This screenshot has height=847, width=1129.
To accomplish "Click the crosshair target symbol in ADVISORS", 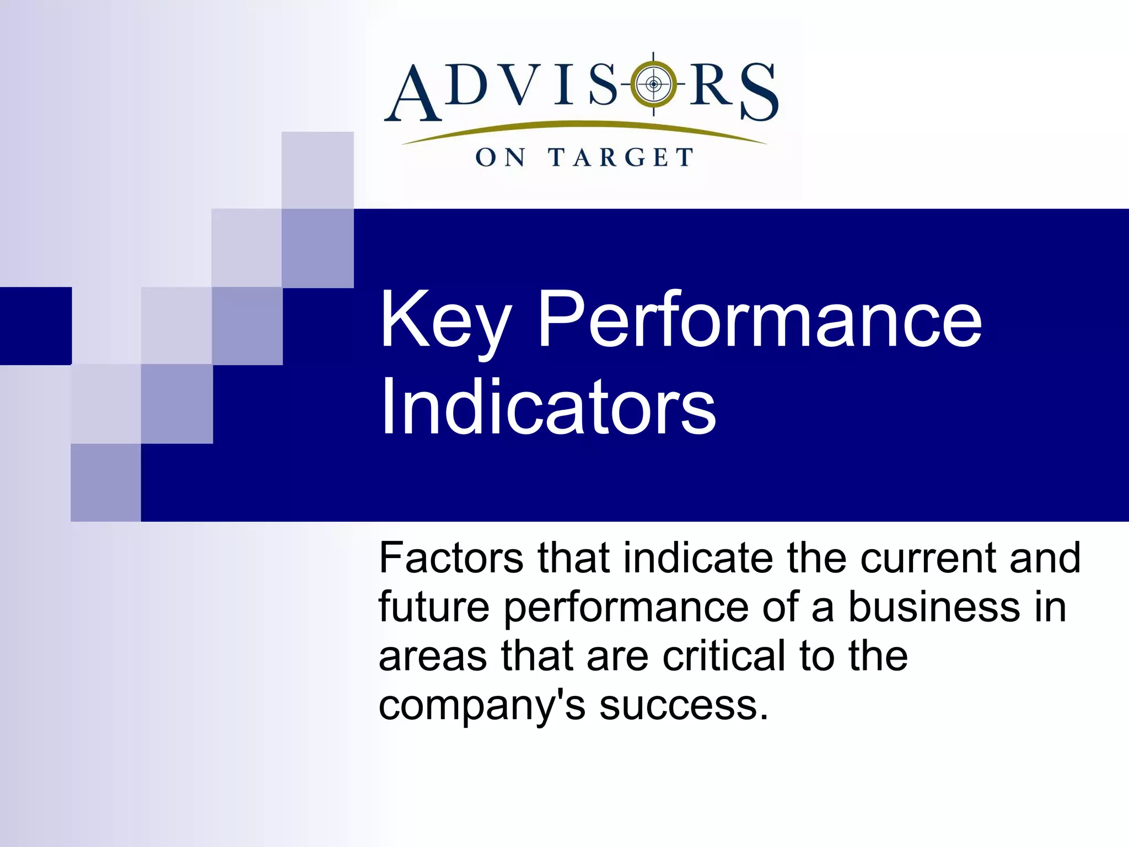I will (653, 84).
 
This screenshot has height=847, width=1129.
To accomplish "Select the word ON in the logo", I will (500, 158).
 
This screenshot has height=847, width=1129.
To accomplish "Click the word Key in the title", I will (445, 321).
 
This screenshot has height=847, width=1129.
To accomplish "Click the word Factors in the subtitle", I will (451, 558).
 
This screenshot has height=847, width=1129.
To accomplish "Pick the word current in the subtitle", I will (931, 558).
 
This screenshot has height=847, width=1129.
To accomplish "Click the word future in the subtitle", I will (434, 607).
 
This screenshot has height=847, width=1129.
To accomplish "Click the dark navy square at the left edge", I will (35, 326).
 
